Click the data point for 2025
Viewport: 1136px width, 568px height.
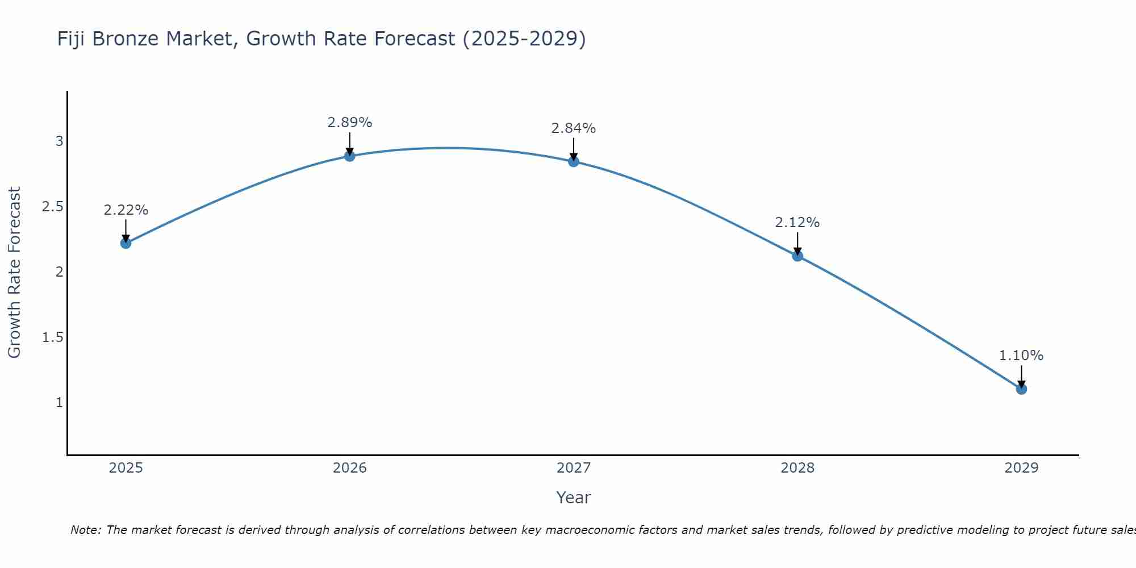(126, 243)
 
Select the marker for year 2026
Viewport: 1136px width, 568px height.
(350, 156)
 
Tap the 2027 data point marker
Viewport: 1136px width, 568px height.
(574, 161)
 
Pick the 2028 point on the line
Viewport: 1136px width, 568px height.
(797, 256)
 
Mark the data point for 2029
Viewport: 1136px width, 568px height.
(1021, 389)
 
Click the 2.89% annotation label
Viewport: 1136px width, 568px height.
(350, 123)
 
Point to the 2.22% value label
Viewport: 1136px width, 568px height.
(126, 210)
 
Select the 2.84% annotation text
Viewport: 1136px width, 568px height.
(574, 128)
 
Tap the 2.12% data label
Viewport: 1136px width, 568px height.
(797, 223)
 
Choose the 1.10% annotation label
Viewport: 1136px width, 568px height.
(1021, 356)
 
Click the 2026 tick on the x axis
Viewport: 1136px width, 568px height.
(350, 468)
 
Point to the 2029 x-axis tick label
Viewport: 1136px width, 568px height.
(1021, 468)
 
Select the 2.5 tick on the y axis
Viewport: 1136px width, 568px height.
(52, 207)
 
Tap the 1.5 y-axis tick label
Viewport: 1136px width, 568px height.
(52, 337)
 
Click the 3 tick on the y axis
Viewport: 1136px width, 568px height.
(59, 141)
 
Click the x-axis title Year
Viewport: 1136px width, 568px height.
(574, 498)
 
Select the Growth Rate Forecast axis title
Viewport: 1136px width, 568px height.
(15, 273)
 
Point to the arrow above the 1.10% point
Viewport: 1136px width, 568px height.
(1021, 375)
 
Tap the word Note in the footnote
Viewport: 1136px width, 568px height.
(85, 530)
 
